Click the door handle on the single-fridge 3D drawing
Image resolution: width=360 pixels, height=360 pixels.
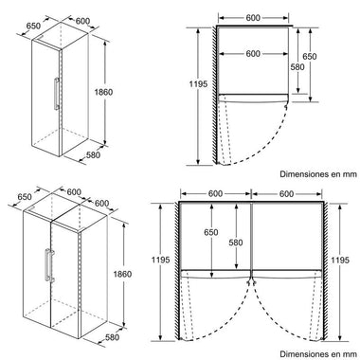coord(57,94)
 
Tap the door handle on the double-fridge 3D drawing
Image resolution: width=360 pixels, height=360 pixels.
coord(49,265)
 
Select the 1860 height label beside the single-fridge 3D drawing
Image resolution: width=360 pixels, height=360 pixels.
coord(103,93)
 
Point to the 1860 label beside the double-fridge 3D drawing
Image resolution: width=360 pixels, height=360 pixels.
coord(122,274)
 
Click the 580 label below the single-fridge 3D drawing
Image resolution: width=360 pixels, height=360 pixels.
coord(93,155)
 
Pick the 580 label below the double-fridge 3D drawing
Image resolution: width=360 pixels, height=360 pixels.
coord(112,337)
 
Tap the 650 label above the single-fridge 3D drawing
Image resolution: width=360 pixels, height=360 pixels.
coord(33,26)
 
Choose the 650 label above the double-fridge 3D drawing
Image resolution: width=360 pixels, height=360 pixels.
coord(25,197)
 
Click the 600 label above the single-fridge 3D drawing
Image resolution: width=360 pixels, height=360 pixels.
coord(82,21)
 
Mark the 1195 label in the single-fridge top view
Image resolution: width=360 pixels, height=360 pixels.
coord(198,84)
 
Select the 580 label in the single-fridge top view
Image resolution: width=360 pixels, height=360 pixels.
coord(297,67)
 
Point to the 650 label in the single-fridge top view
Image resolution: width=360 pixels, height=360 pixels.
coord(310,57)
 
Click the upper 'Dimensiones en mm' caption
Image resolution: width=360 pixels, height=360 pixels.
coord(318,174)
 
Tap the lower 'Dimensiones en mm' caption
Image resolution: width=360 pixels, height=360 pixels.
coord(318,354)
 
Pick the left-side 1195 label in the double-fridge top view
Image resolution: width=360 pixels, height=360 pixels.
coord(161,260)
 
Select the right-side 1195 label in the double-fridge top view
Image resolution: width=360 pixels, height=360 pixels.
coord(340,260)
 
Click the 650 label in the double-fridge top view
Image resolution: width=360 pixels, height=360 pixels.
coord(211,232)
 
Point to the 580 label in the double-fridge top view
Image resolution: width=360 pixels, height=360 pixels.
coord(236,243)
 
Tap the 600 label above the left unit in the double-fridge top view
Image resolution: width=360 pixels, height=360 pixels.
coord(215,194)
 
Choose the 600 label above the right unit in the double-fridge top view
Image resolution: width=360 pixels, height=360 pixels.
coord(286,194)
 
